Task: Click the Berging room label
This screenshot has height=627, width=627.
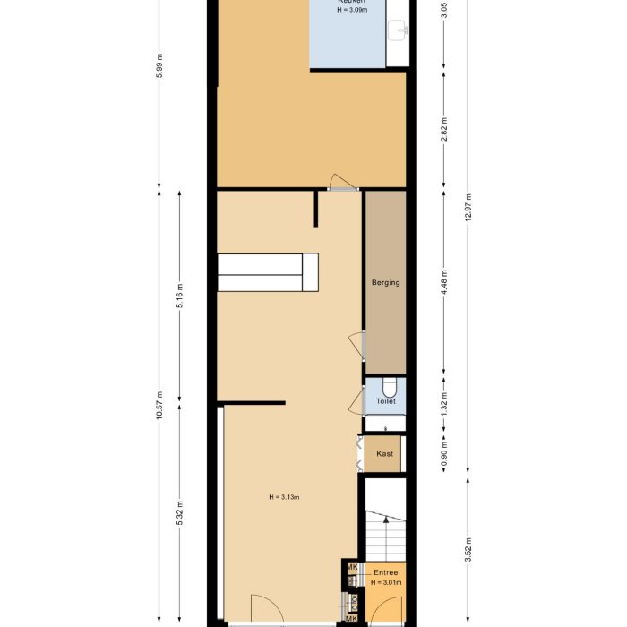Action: tap(385, 283)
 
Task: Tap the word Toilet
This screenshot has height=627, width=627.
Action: tap(386, 402)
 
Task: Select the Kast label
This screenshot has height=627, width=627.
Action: tap(384, 454)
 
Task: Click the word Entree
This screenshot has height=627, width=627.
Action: tap(386, 572)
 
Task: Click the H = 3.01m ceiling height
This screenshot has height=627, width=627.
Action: tap(387, 583)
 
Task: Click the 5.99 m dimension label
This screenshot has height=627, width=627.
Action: tap(159, 69)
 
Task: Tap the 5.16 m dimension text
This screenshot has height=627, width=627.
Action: tap(180, 301)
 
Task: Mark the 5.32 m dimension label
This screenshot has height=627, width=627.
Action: tap(180, 513)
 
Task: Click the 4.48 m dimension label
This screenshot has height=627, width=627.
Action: tap(445, 284)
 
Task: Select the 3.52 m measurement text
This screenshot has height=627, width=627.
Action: tap(468, 546)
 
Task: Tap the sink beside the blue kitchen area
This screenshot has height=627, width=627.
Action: tap(399, 32)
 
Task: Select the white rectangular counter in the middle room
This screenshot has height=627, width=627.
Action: tap(268, 272)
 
